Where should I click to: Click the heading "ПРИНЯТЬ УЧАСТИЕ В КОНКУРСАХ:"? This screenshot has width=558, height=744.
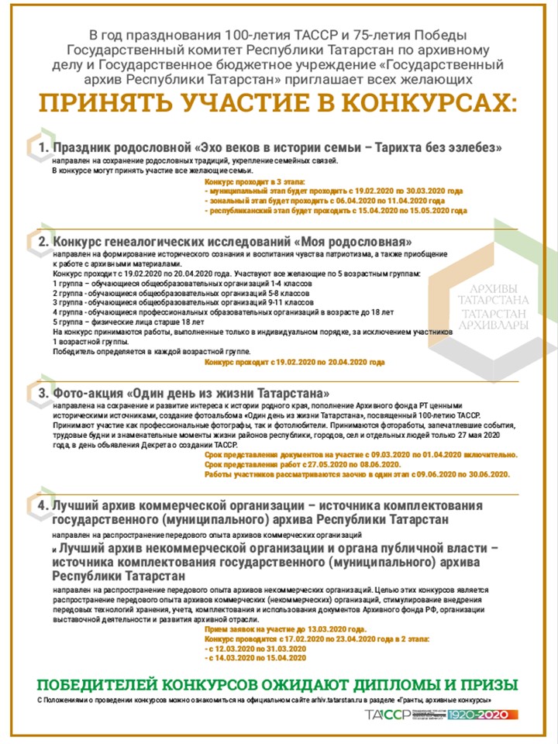point(278,102)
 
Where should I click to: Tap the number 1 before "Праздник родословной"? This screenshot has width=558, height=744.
point(44,146)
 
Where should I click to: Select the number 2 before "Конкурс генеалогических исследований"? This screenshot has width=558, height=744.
point(44,241)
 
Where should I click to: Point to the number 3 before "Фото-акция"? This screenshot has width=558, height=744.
point(44,392)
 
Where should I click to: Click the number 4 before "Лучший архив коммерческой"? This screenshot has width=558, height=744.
point(44,505)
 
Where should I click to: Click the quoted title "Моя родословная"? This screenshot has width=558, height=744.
point(353,241)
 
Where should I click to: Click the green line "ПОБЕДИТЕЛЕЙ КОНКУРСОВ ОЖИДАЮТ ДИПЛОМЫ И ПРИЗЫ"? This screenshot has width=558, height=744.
point(278,685)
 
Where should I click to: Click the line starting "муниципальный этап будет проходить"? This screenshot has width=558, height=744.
point(333,190)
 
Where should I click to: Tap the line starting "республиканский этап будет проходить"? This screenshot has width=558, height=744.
point(335,210)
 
